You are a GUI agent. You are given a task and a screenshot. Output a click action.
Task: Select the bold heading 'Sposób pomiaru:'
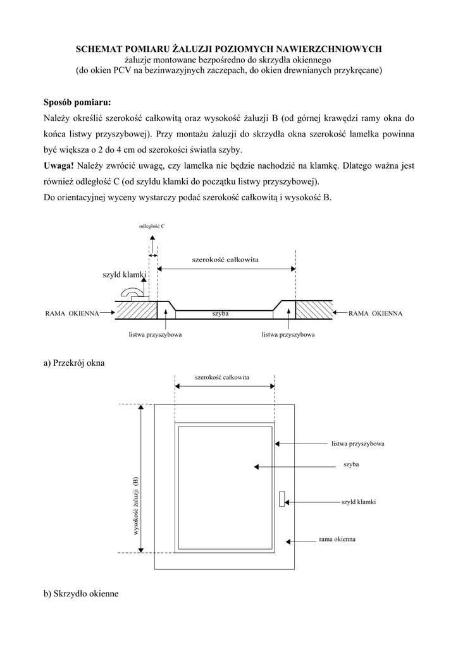(x=77, y=102)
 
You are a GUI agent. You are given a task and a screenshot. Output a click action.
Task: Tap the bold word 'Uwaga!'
(x=58, y=166)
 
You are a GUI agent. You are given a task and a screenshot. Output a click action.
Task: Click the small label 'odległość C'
(x=152, y=226)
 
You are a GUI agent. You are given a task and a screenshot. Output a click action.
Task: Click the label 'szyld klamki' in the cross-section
(x=124, y=275)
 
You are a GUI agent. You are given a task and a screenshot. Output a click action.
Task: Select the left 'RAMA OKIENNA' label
(x=71, y=313)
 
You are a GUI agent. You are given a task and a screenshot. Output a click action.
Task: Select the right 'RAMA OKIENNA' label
(x=376, y=313)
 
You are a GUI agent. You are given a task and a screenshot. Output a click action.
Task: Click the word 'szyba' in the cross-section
(x=220, y=313)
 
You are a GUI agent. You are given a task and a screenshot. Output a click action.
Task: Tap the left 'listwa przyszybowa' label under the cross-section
(x=155, y=334)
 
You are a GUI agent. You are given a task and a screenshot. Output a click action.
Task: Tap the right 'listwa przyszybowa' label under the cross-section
(x=288, y=334)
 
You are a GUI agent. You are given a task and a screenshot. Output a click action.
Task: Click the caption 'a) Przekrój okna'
(x=74, y=363)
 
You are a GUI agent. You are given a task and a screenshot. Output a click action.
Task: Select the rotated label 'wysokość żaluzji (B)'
(x=135, y=505)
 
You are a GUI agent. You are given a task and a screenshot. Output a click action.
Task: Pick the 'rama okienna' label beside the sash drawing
(x=337, y=540)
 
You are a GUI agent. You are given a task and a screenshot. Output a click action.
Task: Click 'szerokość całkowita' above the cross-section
(x=226, y=260)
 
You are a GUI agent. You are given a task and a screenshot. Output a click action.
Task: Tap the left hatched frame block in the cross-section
(x=135, y=310)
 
